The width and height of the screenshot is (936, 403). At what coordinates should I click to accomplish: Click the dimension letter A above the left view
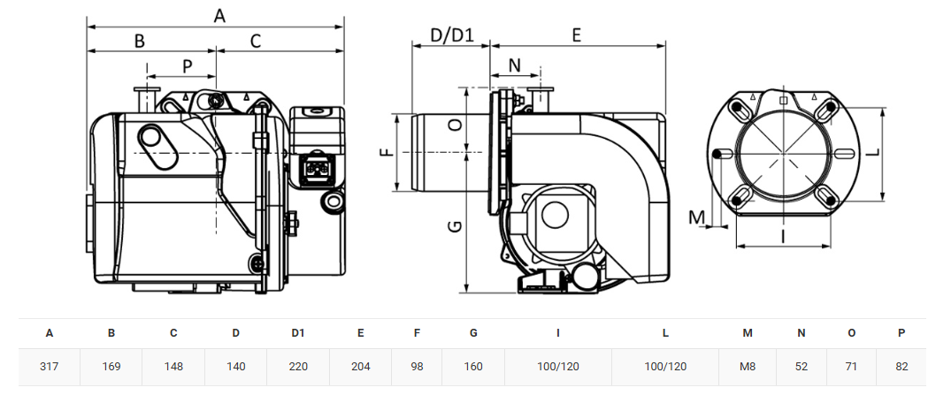coord(219,16)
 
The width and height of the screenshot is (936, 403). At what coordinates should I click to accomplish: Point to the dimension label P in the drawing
coord(188,67)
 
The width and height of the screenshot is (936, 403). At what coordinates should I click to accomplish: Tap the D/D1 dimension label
coord(452,35)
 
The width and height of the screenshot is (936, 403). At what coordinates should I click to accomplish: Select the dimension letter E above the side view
coord(576,35)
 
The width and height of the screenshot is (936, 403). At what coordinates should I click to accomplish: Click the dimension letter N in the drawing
coord(515,65)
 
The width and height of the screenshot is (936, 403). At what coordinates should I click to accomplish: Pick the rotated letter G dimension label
coord(455,226)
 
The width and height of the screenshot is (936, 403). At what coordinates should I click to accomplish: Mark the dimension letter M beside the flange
coord(697,217)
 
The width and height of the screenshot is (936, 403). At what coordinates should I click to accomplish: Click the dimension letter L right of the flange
coord(872,152)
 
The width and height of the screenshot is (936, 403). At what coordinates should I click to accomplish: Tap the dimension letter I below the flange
coord(783,237)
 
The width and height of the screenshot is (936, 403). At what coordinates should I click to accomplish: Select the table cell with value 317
coord(49,367)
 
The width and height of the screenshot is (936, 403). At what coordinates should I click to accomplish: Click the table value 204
coord(361,367)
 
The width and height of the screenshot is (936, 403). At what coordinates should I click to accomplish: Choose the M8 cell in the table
coord(747,367)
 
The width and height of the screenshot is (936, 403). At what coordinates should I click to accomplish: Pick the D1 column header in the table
coord(298,333)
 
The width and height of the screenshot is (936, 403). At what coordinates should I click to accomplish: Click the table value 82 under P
coord(901,367)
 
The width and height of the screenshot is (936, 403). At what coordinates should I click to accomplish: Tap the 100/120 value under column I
coord(558,367)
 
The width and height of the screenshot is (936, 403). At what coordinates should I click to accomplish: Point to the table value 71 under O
coord(851,367)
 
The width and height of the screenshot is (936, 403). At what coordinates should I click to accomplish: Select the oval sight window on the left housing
coord(157,147)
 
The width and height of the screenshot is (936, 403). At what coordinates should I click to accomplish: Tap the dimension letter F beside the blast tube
coord(388,153)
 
